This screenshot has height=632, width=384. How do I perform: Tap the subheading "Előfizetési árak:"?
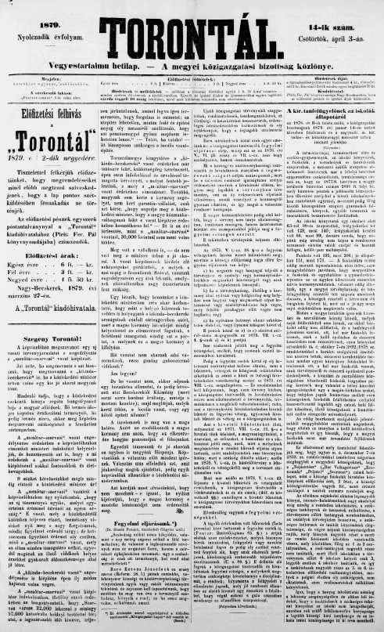pyautogui.click(x=48, y=210)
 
